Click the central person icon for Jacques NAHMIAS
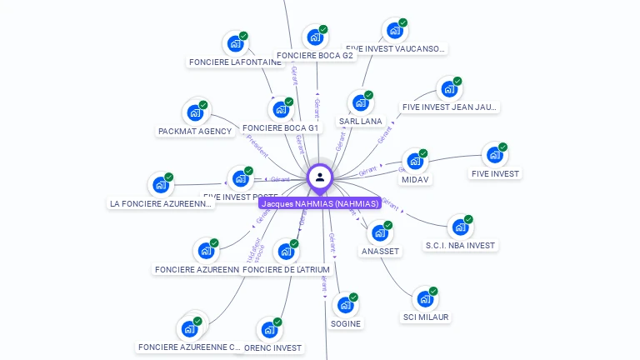click(320, 177)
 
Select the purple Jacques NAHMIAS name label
click(320, 203)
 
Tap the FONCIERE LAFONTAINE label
click(235, 62)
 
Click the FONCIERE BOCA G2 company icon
click(314, 37)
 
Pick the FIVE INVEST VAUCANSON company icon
click(394, 31)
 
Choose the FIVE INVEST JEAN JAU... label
click(450, 107)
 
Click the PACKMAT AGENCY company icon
click(195, 112)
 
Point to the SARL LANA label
click(360, 121)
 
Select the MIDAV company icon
click(414, 162)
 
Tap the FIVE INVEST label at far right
click(495, 173)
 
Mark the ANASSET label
click(380, 251)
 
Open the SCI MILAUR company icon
click(425, 299)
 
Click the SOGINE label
click(346, 323)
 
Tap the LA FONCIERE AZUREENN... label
click(161, 203)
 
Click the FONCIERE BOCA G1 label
click(280, 128)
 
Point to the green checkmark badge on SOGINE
click(353, 297)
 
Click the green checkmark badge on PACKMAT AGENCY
click(202, 105)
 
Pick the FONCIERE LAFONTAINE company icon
click(235, 43)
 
